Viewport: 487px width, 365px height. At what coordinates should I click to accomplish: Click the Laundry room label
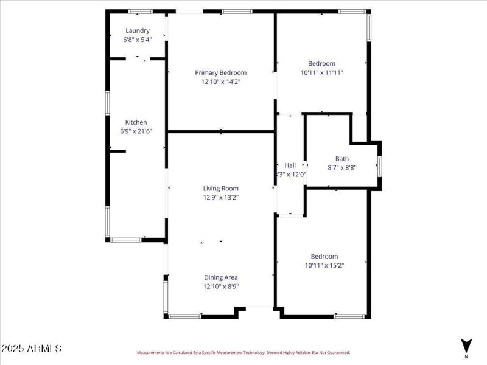point(138,30)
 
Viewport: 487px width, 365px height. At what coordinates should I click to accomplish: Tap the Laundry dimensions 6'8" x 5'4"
point(138,39)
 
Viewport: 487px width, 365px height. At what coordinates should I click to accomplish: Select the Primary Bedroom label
point(221,72)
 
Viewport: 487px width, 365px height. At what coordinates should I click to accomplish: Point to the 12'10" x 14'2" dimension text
point(221,81)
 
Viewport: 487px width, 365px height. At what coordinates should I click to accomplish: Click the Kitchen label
point(136,122)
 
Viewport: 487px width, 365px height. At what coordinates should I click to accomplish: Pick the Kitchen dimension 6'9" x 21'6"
point(136,131)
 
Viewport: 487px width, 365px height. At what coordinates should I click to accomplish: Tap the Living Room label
point(221,189)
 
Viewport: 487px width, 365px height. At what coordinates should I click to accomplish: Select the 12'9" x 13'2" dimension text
point(221,197)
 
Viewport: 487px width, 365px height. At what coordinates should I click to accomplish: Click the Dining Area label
point(221,277)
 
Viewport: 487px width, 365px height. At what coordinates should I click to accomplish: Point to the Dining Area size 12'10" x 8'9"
point(221,286)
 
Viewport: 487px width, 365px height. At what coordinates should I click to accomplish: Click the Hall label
point(290,165)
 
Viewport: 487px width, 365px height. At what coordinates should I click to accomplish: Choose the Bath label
point(342,159)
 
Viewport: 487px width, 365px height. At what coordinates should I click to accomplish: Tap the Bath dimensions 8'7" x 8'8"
point(342,167)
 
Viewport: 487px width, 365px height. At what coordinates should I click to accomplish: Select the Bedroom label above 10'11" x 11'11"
point(321,63)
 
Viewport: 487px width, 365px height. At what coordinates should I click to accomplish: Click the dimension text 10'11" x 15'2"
point(324,265)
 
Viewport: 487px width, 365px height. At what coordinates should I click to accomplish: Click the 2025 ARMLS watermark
point(31,349)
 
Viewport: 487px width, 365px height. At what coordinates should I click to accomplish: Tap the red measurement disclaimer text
point(243,353)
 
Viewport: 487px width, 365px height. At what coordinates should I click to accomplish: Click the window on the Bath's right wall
point(379,166)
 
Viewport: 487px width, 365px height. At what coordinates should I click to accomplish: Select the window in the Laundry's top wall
point(140,11)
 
